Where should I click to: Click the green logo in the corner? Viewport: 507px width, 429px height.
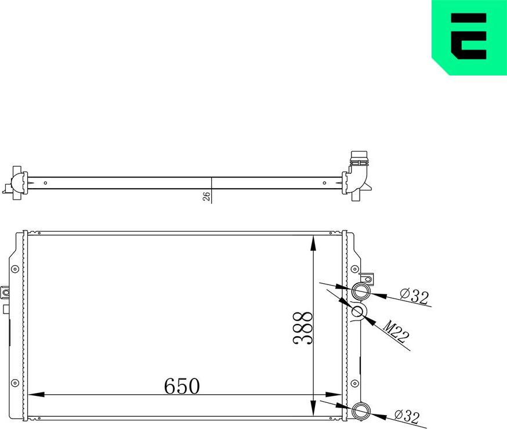[x=469, y=37]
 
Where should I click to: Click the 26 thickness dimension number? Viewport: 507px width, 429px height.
[x=206, y=196]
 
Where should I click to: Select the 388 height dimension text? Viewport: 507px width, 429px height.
[x=303, y=328]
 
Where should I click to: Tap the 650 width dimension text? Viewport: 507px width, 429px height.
[x=182, y=386]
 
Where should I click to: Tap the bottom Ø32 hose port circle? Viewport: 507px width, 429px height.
[x=362, y=412]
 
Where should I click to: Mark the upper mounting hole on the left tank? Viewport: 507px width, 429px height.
[x=15, y=269]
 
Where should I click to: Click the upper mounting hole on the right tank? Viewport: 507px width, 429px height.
[x=354, y=269]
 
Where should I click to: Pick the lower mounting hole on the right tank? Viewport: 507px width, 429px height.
[x=354, y=381]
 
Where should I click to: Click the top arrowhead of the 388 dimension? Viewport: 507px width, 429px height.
[x=313, y=243]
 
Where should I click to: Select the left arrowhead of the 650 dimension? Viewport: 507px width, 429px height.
[x=36, y=395]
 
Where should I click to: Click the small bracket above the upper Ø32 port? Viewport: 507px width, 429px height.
[x=367, y=277]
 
